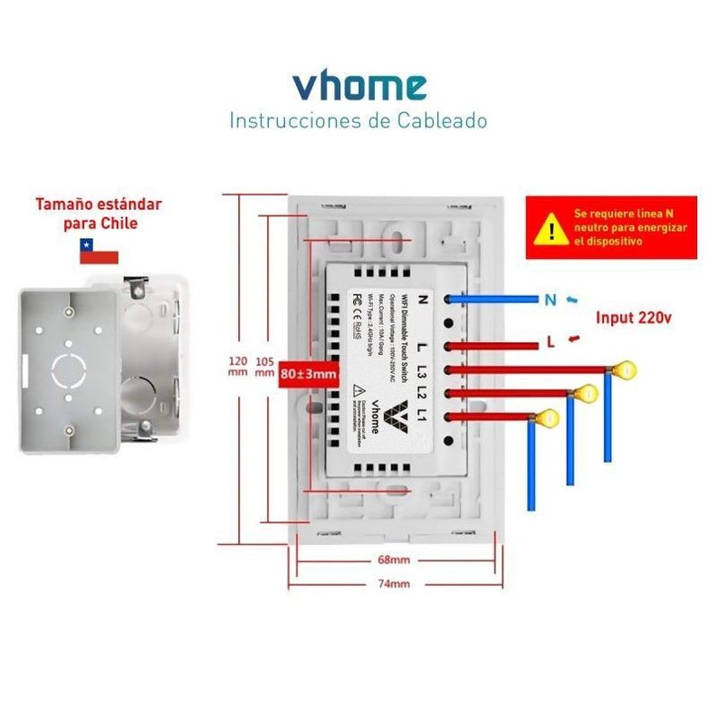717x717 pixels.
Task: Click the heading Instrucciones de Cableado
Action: pyautogui.click(x=358, y=120)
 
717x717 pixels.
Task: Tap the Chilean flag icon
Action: pyautogui.click(x=99, y=251)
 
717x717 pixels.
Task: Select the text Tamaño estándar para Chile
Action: pyautogui.click(x=100, y=213)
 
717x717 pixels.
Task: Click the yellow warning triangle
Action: pyautogui.click(x=549, y=228)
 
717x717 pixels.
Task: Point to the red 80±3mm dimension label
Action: pyautogui.click(x=308, y=373)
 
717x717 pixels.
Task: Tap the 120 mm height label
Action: pyautogui.click(x=237, y=367)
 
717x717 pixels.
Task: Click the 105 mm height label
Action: pyautogui.click(x=265, y=367)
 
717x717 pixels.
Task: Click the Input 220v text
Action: pyautogui.click(x=634, y=318)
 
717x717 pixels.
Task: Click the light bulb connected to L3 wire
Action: pyautogui.click(x=623, y=369)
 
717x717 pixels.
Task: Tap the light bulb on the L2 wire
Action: pyautogui.click(x=586, y=394)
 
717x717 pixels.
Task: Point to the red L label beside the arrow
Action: pyautogui.click(x=550, y=341)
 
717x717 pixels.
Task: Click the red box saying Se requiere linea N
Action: pyautogui.click(x=611, y=228)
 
